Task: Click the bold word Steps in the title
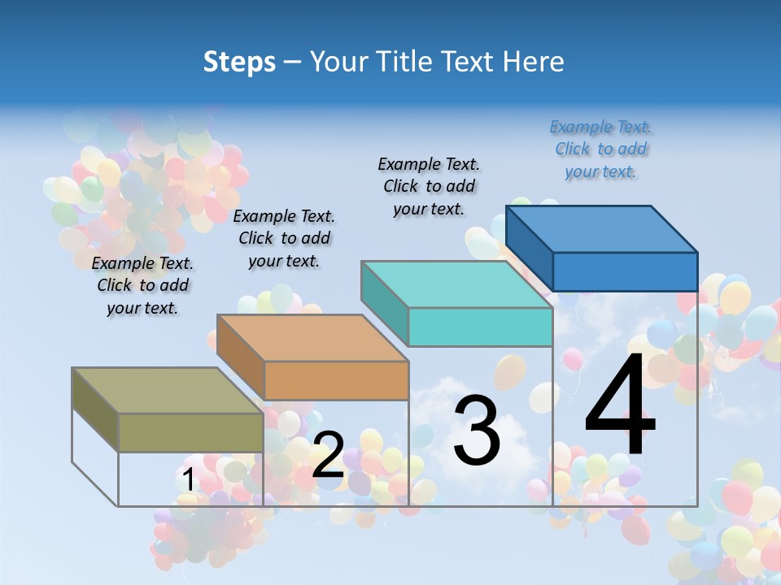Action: pyautogui.click(x=239, y=62)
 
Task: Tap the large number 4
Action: pyautogui.click(x=620, y=405)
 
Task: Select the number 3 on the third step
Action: pyautogui.click(x=477, y=431)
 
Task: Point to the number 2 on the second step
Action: pyautogui.click(x=328, y=455)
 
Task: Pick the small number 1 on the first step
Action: pyautogui.click(x=188, y=480)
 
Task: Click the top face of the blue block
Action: pyautogui.click(x=602, y=228)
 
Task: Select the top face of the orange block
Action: pyautogui.click(x=312, y=338)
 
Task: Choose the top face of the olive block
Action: pyautogui.click(x=168, y=391)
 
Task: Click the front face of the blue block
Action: pyautogui.click(x=625, y=271)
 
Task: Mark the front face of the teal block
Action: pyautogui.click(x=480, y=327)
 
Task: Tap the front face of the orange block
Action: pyautogui.click(x=336, y=380)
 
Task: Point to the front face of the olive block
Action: pyautogui.click(x=190, y=432)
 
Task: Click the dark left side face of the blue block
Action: pyautogui.click(x=529, y=248)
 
